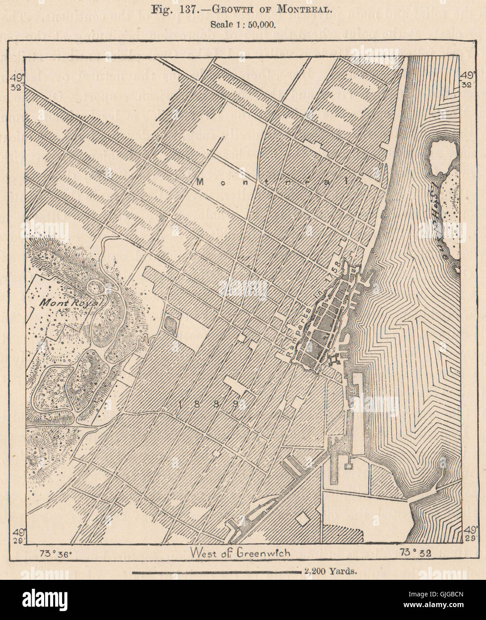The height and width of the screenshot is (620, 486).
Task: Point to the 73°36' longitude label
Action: point(52,553)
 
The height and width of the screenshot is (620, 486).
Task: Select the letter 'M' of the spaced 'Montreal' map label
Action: point(199,182)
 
